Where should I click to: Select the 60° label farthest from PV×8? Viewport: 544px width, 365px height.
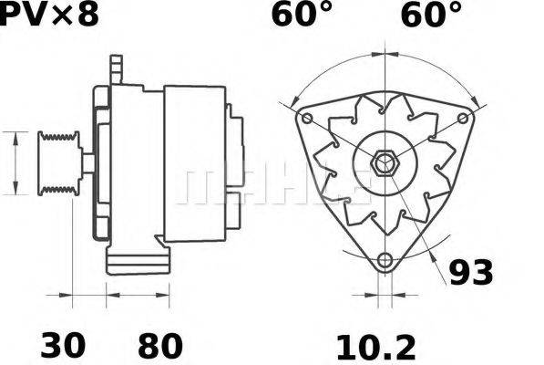pyautogui.click(x=431, y=15)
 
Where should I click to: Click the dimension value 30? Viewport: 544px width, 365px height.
pyautogui.click(x=63, y=346)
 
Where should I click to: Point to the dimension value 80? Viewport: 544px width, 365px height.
pyautogui.click(x=159, y=346)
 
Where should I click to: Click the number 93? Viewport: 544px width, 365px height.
pyautogui.click(x=470, y=272)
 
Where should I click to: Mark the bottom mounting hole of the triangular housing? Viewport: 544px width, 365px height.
pyautogui.click(x=385, y=262)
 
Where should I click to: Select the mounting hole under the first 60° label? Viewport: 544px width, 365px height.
pyautogui.click(x=307, y=119)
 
